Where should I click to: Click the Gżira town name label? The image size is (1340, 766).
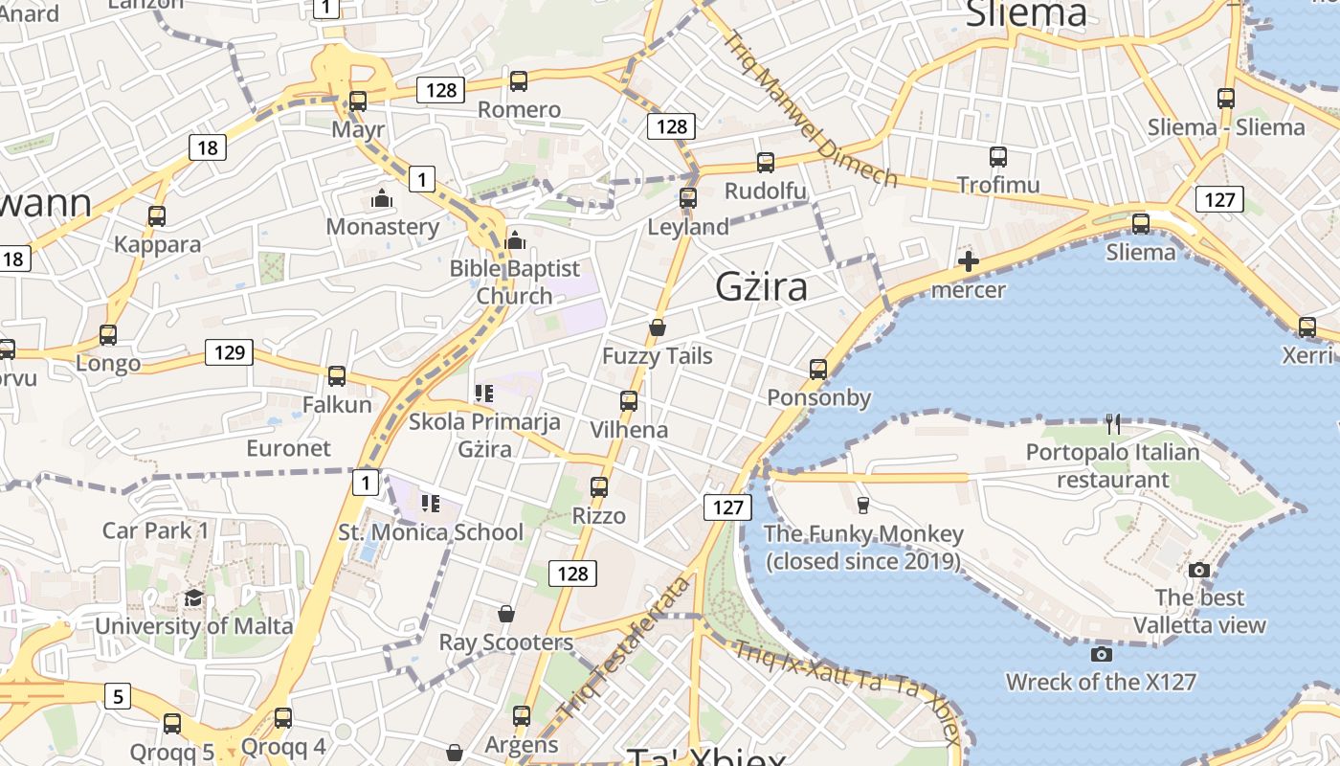click(x=761, y=286)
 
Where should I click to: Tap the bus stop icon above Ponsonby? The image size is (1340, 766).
click(x=818, y=369)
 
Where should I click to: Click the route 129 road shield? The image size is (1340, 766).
click(x=230, y=352)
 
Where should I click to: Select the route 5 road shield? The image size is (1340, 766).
click(x=117, y=696)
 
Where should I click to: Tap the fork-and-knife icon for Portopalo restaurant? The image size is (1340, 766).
click(x=1112, y=423)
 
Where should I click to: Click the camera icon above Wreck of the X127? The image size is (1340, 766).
click(x=1102, y=654)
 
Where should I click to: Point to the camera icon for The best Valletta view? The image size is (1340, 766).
click(x=1199, y=570)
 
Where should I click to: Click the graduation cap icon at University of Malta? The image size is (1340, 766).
click(x=194, y=598)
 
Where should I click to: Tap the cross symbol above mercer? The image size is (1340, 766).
click(x=968, y=261)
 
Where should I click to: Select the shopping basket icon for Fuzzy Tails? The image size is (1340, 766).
click(x=658, y=327)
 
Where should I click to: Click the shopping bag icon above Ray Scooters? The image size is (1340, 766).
click(x=506, y=613)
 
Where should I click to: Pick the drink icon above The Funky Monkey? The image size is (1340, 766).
click(x=863, y=505)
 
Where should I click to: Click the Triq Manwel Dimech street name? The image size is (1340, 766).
click(x=812, y=110)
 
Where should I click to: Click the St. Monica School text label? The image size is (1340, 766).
click(x=432, y=532)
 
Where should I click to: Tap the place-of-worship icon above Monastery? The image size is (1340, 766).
click(x=382, y=199)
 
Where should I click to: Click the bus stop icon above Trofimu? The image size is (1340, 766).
click(x=998, y=156)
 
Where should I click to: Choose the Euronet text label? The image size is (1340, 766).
click(x=288, y=448)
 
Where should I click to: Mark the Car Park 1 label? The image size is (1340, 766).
click(x=155, y=530)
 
